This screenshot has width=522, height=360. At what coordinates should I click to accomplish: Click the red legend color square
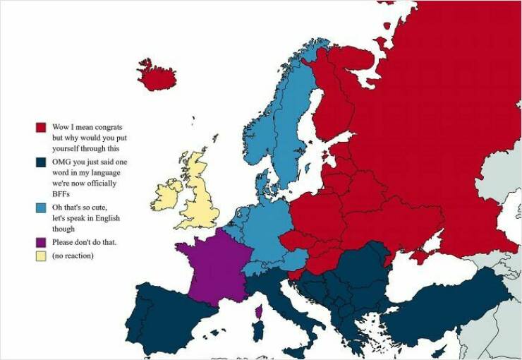(41, 128)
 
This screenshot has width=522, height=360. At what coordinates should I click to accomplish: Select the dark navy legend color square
(41, 162)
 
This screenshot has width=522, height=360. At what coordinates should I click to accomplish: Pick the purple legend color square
(41, 242)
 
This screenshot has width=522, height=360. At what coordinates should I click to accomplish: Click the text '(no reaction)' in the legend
(73, 255)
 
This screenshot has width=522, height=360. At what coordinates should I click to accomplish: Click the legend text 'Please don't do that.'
(84, 242)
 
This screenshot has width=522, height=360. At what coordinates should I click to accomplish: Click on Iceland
(156, 74)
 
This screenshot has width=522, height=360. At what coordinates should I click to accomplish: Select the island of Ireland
(166, 195)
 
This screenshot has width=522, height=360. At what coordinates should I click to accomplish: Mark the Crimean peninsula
(422, 254)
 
